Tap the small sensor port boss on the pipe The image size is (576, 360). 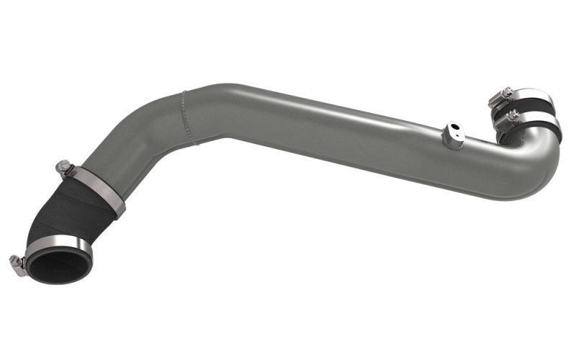tap(454, 135)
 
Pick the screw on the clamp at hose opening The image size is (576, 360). tap(17, 264)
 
